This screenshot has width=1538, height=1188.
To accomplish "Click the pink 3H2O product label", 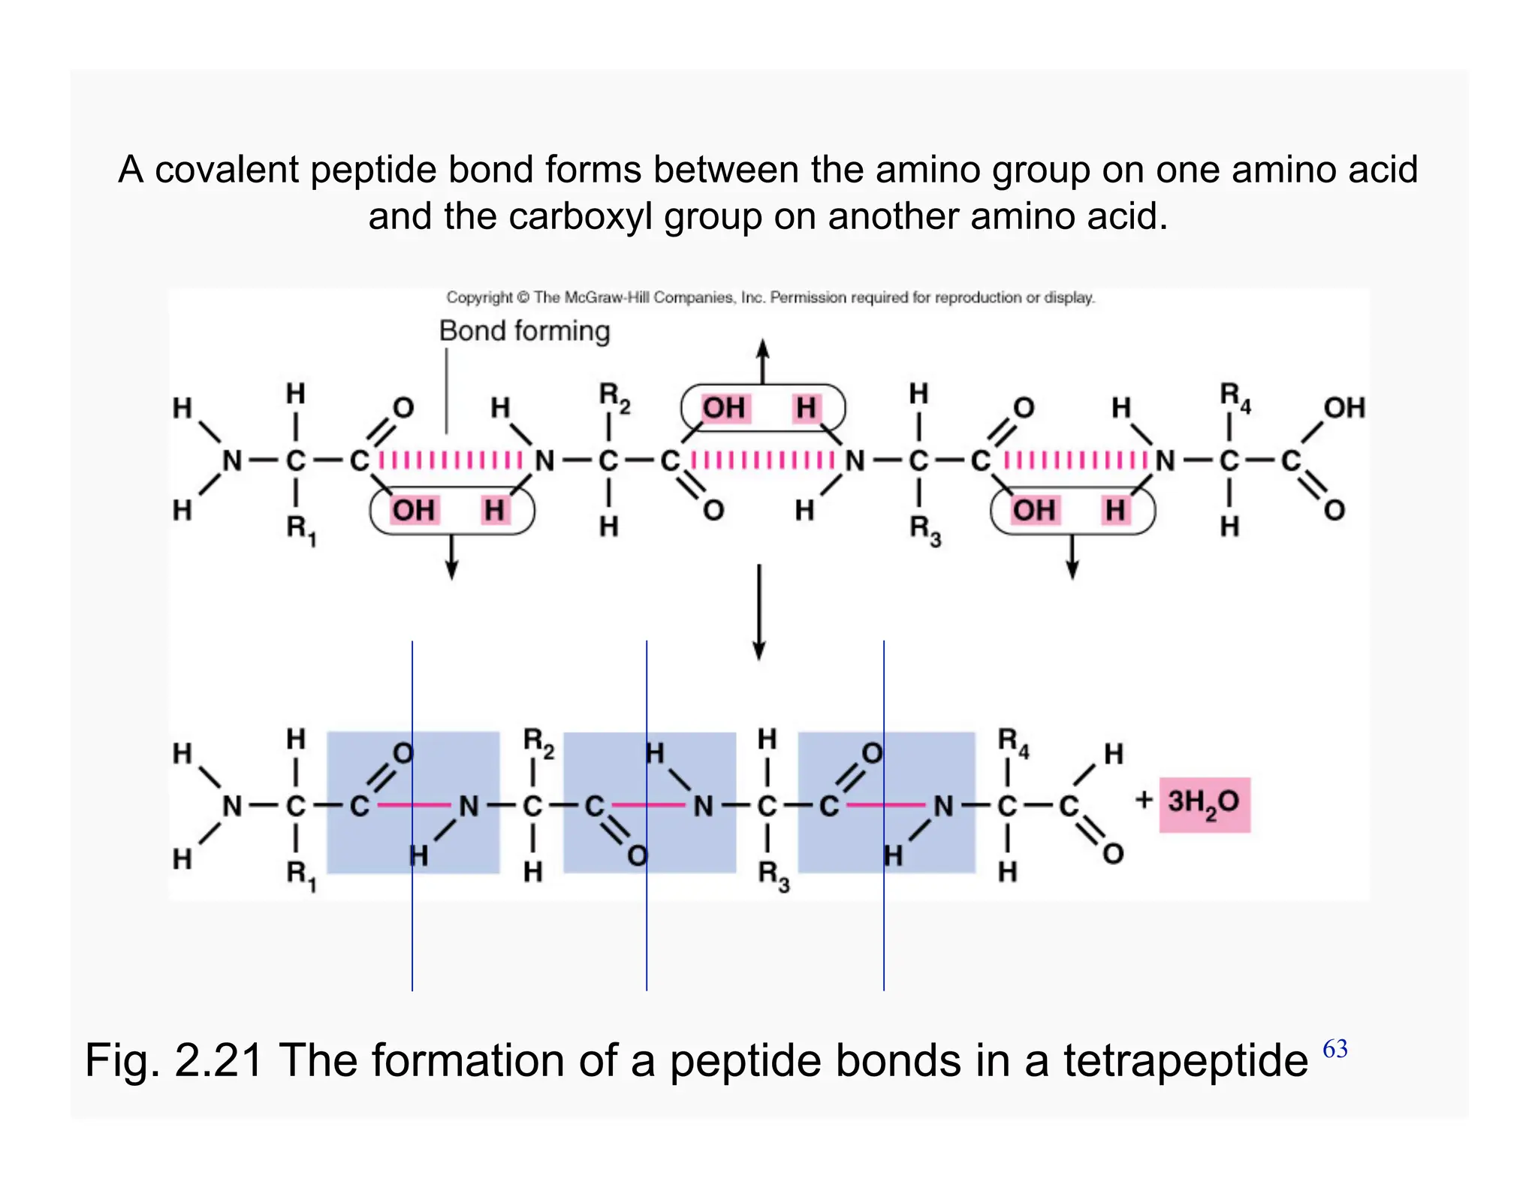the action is (1204, 804).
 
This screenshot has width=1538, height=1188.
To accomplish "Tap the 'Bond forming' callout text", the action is (524, 330).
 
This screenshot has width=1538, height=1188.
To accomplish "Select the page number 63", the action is (1334, 1048).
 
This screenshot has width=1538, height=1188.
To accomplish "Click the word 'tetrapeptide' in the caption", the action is (1185, 1060).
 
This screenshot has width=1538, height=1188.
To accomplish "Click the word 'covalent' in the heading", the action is (227, 170).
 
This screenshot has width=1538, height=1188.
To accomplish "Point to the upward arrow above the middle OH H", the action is (762, 361).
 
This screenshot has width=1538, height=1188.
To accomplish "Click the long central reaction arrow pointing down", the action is (759, 611).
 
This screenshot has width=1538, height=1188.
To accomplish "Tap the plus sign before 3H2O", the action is (1144, 800).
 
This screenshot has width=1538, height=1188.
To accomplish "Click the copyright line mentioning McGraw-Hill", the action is (770, 297).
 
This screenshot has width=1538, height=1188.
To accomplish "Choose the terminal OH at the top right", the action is (1344, 408).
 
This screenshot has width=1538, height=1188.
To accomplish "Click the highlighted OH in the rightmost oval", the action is (1033, 511).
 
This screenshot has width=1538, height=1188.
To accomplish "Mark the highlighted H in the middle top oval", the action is (806, 409).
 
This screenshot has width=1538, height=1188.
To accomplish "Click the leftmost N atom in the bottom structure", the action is (232, 807).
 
